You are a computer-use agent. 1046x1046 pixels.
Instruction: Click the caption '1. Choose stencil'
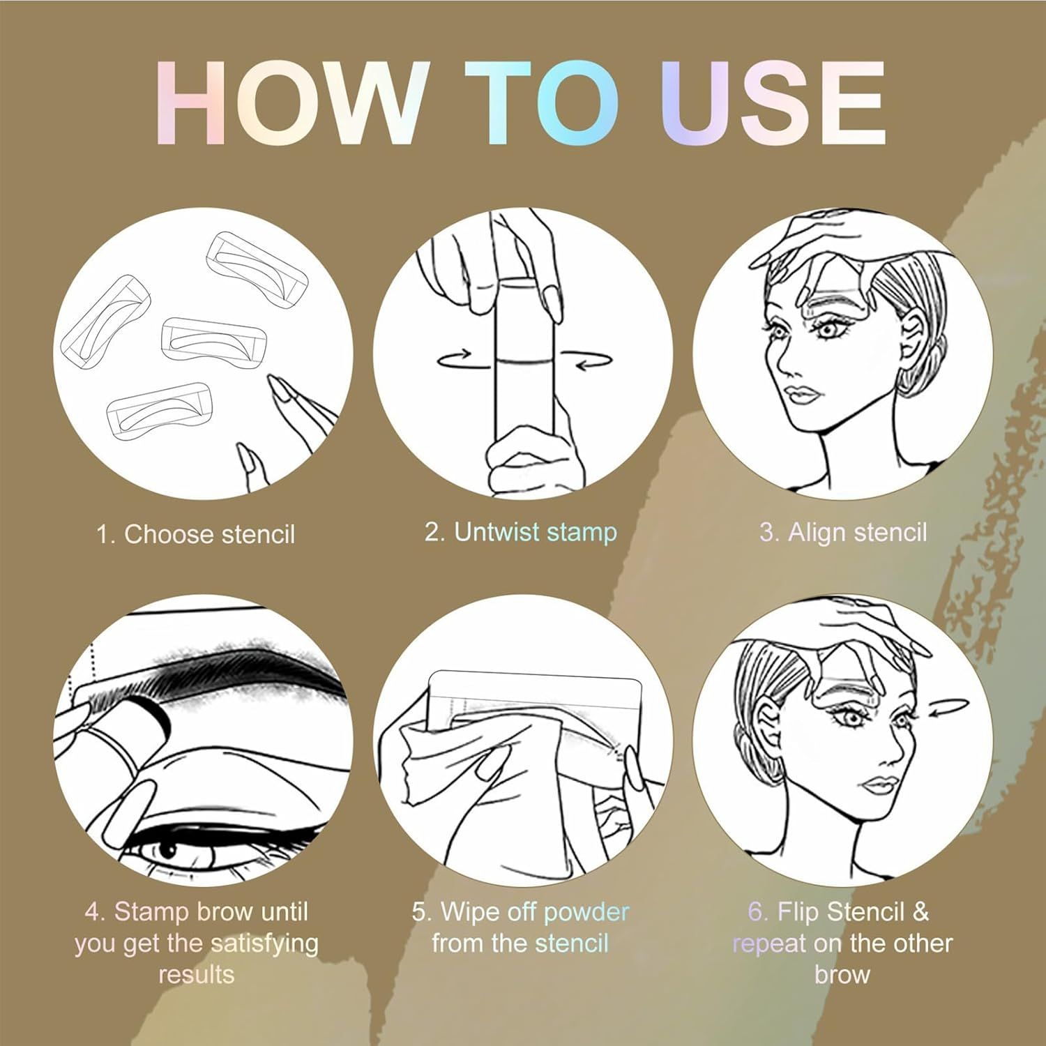click(196, 535)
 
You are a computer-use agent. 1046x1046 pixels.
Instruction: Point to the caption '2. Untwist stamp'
click(521, 532)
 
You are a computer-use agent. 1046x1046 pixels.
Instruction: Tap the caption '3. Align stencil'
click(843, 533)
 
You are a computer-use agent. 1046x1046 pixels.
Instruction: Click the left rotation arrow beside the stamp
click(454, 360)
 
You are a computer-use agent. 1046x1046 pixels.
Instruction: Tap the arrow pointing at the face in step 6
click(949, 708)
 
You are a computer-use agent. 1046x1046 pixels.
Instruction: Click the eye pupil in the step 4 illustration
click(167, 850)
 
